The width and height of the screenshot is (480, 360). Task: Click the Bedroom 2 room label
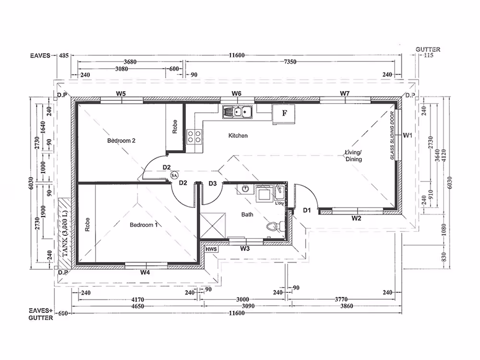(121, 141)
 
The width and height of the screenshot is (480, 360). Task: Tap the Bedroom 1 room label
(144, 225)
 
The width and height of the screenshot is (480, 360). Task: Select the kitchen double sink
(238, 112)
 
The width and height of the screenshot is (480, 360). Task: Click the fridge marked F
(284, 114)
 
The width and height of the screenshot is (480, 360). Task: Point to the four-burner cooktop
(194, 136)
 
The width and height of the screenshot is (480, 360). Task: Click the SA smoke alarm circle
(174, 175)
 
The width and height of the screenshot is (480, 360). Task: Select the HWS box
(211, 249)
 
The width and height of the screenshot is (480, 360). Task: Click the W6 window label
(236, 94)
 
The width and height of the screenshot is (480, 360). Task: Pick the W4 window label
(145, 272)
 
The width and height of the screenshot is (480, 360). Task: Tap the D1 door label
(307, 210)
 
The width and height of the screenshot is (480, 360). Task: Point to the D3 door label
(213, 183)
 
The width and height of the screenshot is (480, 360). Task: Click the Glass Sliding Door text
(392, 135)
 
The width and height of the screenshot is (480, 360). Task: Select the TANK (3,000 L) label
(65, 233)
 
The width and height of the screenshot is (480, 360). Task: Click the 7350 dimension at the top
(290, 62)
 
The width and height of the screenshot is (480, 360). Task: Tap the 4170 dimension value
(138, 300)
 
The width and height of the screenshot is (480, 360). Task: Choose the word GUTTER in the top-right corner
(428, 49)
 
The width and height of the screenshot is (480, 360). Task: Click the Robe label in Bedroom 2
(175, 127)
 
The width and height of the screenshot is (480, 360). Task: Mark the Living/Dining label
(354, 156)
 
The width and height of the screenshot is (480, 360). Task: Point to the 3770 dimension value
(341, 300)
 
